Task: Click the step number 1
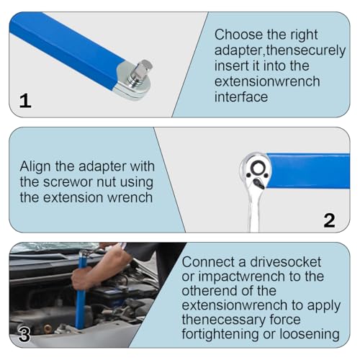point(25,101)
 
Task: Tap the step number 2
point(329,220)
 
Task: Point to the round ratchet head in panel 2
point(256,169)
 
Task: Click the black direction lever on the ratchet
point(258,184)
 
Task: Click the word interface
point(241,97)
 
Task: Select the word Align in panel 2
point(36,166)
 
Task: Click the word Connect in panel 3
point(208,262)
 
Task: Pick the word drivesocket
point(285,262)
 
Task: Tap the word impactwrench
point(242,276)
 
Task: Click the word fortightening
point(220,334)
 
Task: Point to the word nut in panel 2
point(105,182)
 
